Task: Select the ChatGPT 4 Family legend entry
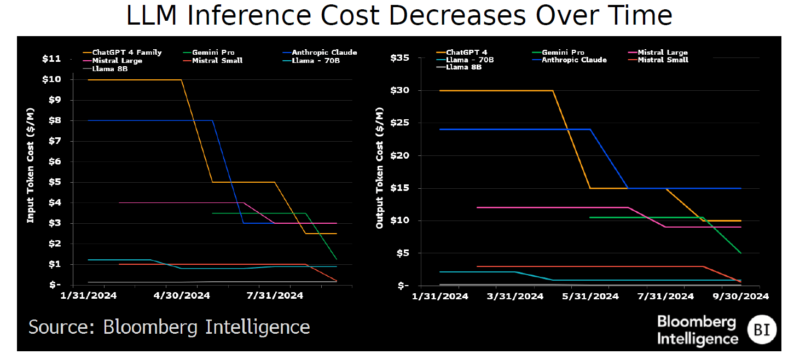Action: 126,53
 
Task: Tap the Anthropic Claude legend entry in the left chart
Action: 324,53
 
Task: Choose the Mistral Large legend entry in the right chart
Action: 663,53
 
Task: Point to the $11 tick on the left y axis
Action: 51,59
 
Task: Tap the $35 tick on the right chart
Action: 400,57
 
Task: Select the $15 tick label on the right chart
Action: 400,188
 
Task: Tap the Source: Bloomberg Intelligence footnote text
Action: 169,327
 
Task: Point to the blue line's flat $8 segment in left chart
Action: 148,120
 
